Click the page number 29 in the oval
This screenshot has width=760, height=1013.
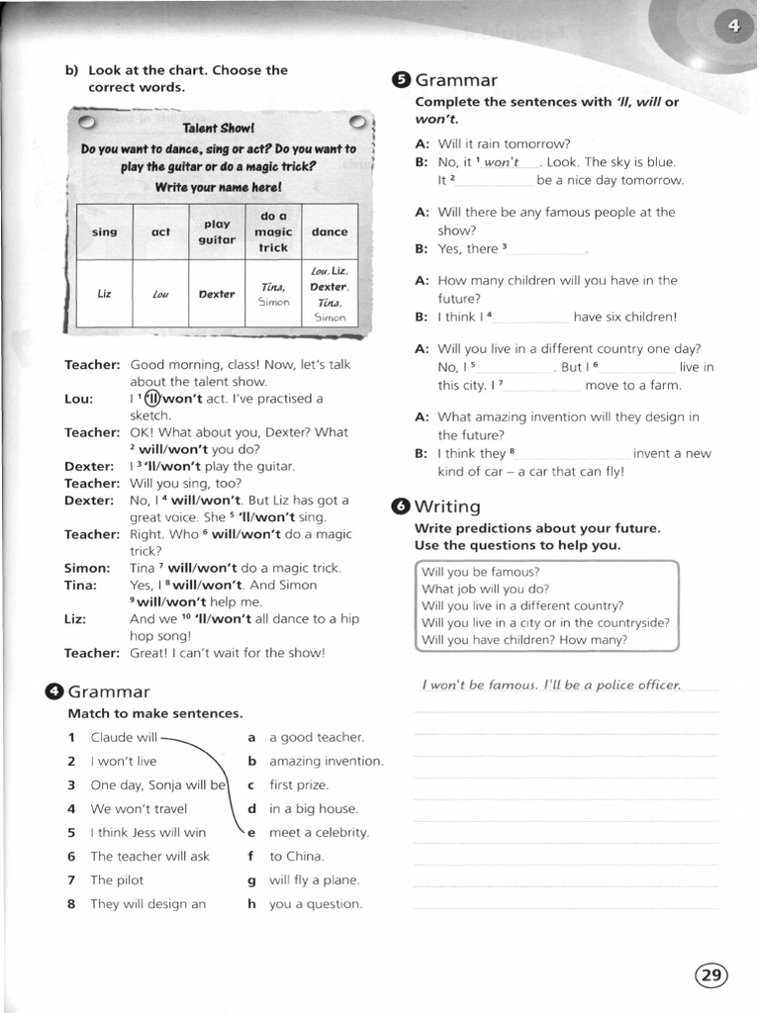pyautogui.click(x=711, y=975)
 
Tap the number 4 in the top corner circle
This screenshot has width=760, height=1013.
pyautogui.click(x=733, y=27)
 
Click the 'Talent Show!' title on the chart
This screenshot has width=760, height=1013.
pyautogui.click(x=218, y=129)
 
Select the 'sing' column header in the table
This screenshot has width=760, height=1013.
pyautogui.click(x=104, y=231)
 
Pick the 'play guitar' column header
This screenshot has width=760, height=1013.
pyautogui.click(x=217, y=231)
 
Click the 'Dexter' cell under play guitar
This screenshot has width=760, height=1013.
pyautogui.click(x=217, y=294)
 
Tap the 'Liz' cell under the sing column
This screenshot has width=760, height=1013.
pyautogui.click(x=104, y=294)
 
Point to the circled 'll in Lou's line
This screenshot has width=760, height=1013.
pyautogui.click(x=152, y=399)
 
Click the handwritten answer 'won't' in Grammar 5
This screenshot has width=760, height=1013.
pyautogui.click(x=502, y=162)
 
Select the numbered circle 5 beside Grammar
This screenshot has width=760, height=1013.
pyautogui.click(x=401, y=80)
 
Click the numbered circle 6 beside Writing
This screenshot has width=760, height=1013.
pyautogui.click(x=401, y=506)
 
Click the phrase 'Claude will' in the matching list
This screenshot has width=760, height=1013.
pyautogui.click(x=124, y=737)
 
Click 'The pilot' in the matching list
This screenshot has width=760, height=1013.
pyautogui.click(x=117, y=879)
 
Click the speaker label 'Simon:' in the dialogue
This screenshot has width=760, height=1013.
pyautogui.click(x=87, y=568)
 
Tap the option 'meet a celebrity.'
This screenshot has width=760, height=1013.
pyautogui.click(x=318, y=832)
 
